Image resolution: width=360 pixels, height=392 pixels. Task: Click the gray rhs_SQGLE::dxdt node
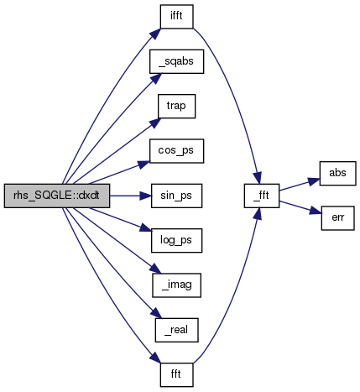(57, 196)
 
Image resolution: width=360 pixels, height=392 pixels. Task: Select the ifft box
(176, 17)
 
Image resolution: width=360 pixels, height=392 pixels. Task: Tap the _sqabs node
(176, 61)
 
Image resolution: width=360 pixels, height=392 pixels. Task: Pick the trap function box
(176, 107)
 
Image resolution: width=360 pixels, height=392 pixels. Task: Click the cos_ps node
(176, 151)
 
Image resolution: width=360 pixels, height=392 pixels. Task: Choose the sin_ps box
(176, 196)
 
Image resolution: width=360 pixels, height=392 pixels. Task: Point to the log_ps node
(176, 241)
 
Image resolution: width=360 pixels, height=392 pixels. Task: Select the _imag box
(176, 285)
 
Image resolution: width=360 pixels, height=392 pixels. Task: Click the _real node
(176, 330)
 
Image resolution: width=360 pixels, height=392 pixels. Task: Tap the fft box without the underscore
(176, 375)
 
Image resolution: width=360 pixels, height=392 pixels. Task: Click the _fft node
(262, 196)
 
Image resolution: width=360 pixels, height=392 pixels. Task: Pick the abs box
(337, 174)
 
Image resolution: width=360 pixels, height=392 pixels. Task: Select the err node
(337, 218)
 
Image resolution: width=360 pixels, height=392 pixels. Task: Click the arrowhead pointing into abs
(314, 181)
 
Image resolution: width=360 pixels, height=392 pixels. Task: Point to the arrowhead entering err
(316, 211)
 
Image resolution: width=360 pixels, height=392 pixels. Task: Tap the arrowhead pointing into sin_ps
(145, 196)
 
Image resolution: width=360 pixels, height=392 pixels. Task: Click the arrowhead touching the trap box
(155, 123)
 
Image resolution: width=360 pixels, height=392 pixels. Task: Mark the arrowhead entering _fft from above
(258, 177)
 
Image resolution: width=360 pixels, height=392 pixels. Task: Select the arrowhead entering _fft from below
(258, 214)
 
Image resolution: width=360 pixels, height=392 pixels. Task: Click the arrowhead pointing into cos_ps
(144, 165)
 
